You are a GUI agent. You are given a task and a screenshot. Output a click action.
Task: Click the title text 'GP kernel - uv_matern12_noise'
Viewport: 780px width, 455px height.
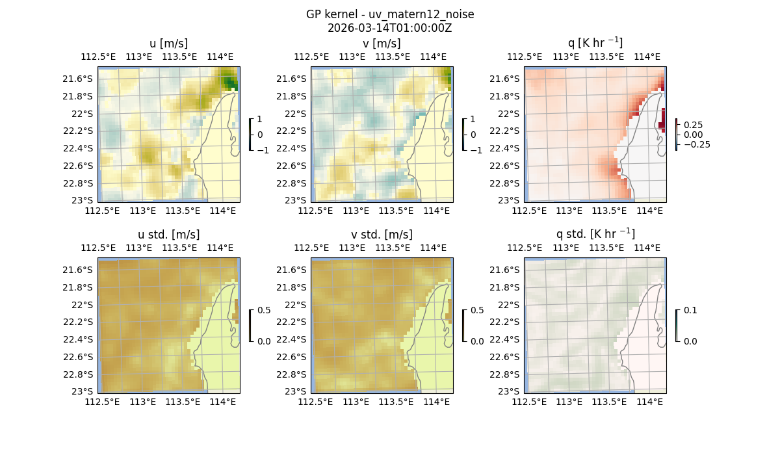click(390, 14)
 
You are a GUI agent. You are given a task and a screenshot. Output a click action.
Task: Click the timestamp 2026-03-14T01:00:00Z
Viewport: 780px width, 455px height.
click(390, 28)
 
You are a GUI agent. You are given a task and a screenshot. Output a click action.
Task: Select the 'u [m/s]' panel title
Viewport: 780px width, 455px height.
click(168, 44)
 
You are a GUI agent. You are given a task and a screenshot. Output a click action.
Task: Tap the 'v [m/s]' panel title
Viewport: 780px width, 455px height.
click(382, 44)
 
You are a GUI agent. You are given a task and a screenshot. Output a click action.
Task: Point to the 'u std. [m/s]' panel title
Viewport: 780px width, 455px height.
click(168, 235)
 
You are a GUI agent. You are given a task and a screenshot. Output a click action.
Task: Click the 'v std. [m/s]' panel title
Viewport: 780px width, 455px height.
click(382, 235)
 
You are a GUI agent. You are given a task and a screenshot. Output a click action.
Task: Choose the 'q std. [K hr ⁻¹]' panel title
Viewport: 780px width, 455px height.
click(595, 235)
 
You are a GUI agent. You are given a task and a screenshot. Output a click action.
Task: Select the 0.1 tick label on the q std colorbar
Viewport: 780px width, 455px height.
click(691, 310)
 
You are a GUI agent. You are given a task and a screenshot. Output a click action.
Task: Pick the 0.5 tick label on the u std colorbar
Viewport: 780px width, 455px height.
click(265, 310)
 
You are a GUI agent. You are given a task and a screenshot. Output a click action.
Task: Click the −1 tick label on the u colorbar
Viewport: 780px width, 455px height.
click(261, 149)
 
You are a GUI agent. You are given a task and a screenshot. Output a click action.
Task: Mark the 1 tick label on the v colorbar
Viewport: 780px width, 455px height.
click(473, 120)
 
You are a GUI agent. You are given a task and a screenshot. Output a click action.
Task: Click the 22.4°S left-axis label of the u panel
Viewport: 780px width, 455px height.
click(77, 148)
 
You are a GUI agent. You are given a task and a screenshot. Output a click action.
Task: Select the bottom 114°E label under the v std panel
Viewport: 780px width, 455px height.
click(437, 402)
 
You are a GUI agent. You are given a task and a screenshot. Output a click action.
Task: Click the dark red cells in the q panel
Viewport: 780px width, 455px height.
click(662, 121)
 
